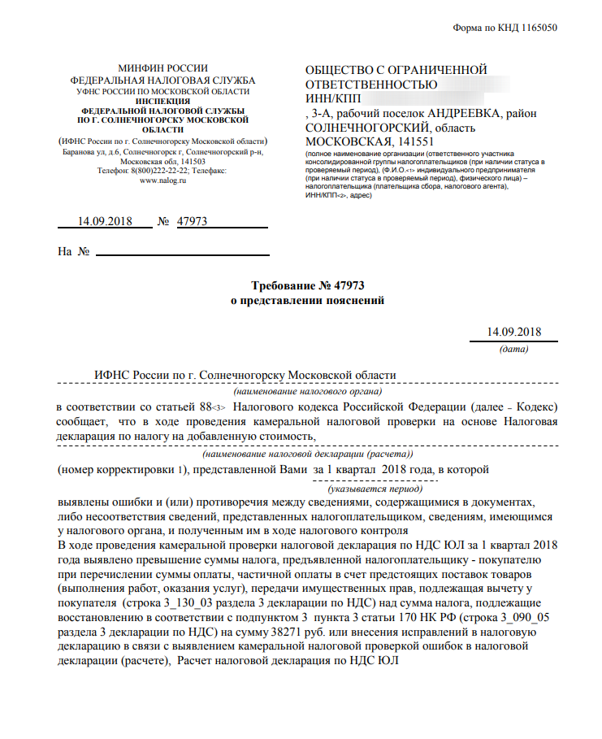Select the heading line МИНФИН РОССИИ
162,68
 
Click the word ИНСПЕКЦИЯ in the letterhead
163,100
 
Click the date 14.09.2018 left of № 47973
103,220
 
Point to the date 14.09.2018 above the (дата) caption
513,332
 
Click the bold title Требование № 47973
307,285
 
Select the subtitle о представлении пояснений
307,300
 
